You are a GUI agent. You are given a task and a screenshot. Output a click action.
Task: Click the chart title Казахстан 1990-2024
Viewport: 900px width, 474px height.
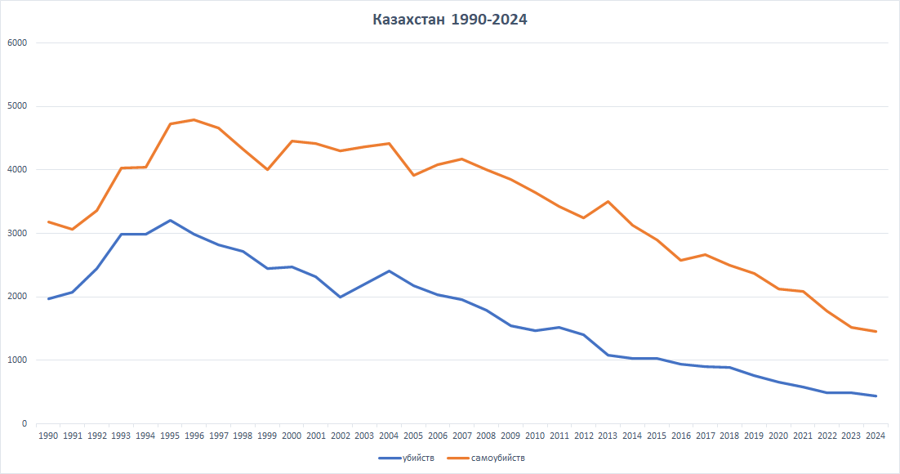[450, 20]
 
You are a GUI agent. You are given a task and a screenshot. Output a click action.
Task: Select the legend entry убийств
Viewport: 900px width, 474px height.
[421, 458]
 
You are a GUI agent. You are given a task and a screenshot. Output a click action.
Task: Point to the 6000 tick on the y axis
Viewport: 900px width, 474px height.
[17, 42]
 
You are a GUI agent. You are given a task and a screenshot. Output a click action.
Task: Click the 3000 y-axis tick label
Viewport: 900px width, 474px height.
[17, 233]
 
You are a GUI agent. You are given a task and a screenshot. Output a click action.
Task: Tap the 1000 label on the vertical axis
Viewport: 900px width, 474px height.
[17, 360]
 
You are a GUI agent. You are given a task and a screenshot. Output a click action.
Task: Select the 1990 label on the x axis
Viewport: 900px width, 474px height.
[48, 436]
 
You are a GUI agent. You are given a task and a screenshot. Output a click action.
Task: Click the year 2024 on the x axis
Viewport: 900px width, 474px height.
[875, 436]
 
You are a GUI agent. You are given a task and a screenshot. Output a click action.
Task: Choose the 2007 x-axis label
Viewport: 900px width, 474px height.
[461, 436]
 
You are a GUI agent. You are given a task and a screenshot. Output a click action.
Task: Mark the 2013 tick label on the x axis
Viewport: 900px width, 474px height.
[608, 436]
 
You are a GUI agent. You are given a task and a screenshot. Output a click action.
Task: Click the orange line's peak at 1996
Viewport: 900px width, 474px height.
[194, 120]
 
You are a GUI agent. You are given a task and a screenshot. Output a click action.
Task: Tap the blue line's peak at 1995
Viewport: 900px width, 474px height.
[170, 220]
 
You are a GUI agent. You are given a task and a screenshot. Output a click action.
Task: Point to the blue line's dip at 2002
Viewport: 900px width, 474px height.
[341, 297]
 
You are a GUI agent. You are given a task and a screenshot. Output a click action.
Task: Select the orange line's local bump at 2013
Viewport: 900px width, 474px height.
[608, 201]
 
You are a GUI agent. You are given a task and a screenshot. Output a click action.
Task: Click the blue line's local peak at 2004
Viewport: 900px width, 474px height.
[389, 271]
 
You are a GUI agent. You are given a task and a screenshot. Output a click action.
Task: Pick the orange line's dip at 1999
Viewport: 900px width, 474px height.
[267, 169]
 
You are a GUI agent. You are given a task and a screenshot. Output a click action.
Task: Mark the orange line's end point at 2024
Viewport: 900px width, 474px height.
[875, 331]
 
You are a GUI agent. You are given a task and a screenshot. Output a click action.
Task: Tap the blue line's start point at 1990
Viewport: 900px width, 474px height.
[48, 298]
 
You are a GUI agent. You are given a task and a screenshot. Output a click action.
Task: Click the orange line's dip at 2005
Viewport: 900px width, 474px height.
[413, 175]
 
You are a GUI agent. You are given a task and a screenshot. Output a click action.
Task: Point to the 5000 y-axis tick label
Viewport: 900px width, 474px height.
[17, 106]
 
